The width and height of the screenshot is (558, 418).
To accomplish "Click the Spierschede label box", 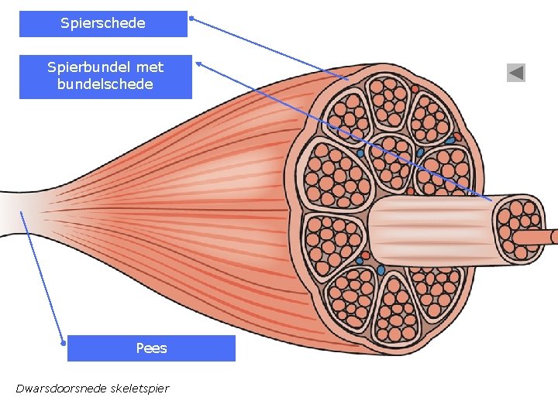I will pos(103,24).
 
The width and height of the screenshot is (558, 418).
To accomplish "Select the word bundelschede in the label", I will pos(105,84).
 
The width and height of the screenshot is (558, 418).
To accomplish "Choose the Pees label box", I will pos(151,348).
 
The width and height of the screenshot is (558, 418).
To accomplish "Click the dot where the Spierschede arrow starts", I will pos(191,18).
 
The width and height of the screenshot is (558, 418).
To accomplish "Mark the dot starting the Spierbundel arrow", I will pos(198,63).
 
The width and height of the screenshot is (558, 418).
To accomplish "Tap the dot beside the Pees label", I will pos(64,341).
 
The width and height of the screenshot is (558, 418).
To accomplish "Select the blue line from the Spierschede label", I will pos(271,49).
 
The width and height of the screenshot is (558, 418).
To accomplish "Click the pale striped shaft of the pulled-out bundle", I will pos(430,228).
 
